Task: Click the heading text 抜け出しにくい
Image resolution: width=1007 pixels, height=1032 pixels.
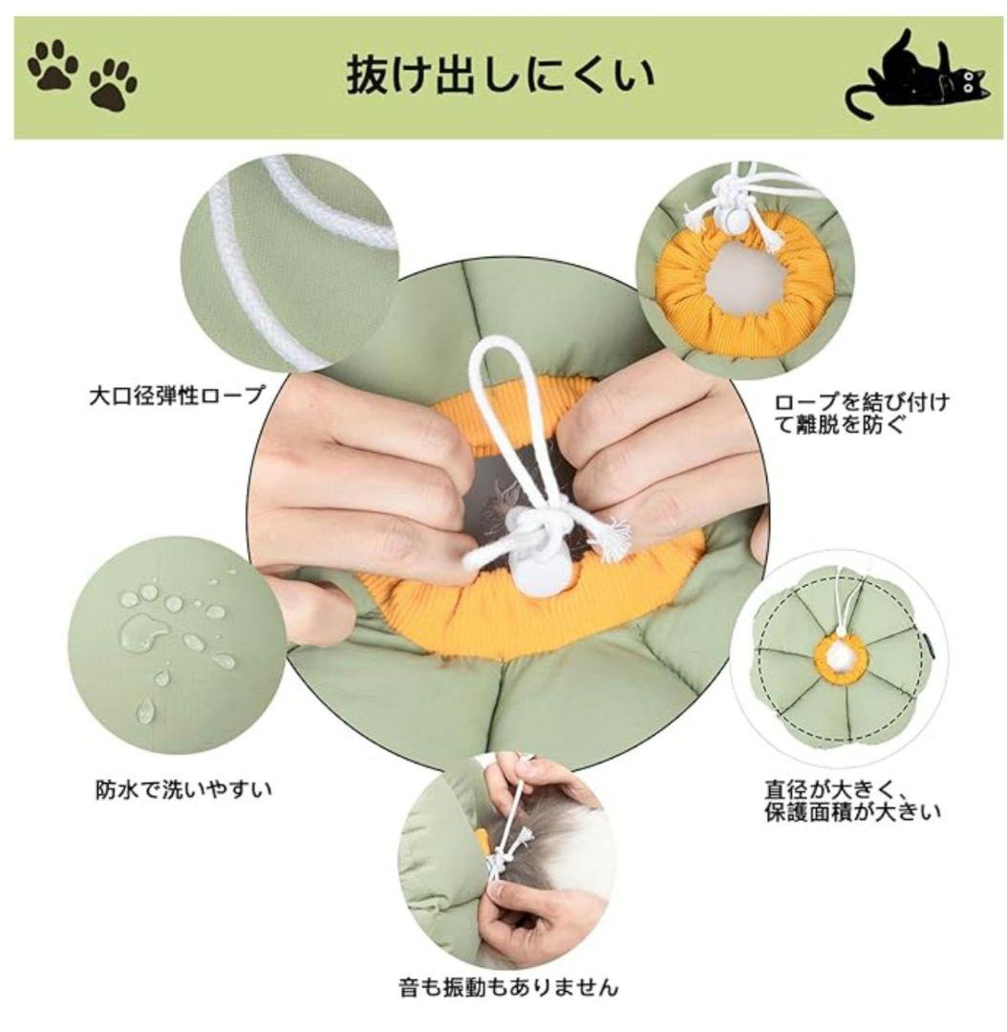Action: pos(501,75)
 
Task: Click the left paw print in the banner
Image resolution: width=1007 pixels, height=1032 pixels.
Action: pos(53,65)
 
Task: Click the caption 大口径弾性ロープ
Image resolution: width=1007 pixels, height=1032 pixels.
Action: pos(178,397)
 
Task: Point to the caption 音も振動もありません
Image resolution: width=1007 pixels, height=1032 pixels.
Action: pos(509,987)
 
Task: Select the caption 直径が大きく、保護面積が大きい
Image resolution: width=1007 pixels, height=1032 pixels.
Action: pos(853,801)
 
